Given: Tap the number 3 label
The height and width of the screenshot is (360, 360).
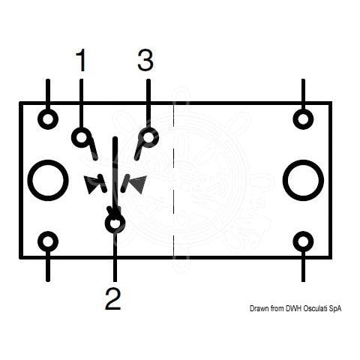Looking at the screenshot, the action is [x=145, y=60].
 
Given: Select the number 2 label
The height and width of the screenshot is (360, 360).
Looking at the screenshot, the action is [x=113, y=298].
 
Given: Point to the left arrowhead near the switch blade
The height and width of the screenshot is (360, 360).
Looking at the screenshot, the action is [x=91, y=184].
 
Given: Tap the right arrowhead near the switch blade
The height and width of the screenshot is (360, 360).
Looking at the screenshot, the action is [x=139, y=184].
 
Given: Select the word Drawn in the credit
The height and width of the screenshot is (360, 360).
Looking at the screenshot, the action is [x=259, y=308].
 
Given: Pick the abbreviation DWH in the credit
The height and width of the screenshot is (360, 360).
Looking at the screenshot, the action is [x=294, y=308].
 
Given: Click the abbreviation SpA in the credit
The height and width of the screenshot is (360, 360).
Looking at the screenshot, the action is [x=335, y=309].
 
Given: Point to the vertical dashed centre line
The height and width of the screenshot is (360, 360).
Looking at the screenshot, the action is [x=173, y=180].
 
